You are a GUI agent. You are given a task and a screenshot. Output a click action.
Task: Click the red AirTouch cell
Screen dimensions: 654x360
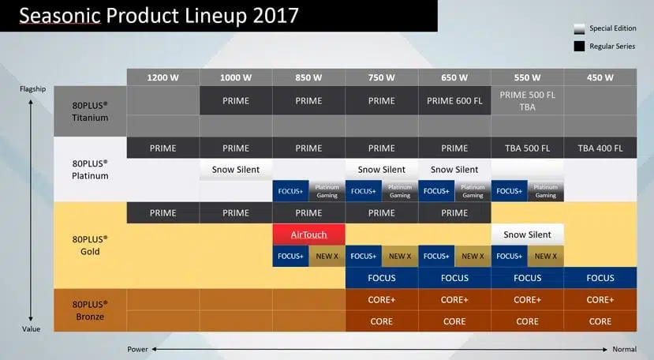308,234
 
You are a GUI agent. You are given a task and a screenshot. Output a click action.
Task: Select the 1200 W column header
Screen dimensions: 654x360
163,77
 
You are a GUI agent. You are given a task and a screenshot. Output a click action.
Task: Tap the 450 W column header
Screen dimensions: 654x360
600,77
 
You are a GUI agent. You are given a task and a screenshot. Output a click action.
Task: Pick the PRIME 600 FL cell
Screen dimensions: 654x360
454,100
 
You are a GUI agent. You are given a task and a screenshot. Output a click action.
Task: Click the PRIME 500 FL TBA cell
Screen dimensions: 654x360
527,100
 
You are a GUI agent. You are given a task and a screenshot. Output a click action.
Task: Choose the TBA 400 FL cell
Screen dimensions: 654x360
600,148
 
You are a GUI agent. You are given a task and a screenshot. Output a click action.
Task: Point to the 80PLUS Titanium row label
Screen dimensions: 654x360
90,111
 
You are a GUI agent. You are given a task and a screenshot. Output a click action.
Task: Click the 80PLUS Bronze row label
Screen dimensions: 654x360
90,310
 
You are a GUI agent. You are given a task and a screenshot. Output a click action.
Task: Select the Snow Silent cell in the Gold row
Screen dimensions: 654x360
527,234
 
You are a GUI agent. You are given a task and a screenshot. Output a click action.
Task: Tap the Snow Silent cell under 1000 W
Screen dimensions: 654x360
236,170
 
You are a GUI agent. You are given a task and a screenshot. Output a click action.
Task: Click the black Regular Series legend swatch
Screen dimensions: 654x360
579,46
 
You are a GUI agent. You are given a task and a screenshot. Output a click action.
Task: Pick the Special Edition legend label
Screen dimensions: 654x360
613,28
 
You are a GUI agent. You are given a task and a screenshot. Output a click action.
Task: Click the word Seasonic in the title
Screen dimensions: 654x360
60,16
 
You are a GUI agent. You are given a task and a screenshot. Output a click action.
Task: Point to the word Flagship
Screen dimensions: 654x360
32,88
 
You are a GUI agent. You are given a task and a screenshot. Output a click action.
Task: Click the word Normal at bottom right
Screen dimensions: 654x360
624,349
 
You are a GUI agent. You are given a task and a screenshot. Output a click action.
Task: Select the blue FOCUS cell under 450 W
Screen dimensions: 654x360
600,278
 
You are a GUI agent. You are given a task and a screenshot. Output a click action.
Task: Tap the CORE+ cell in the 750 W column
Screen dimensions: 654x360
382,299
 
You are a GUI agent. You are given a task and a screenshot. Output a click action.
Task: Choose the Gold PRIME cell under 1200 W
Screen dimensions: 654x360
163,213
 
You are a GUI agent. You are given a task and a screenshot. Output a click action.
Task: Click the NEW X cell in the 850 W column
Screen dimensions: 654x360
327,256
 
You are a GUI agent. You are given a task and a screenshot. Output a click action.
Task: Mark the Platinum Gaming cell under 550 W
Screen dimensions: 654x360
546,191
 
